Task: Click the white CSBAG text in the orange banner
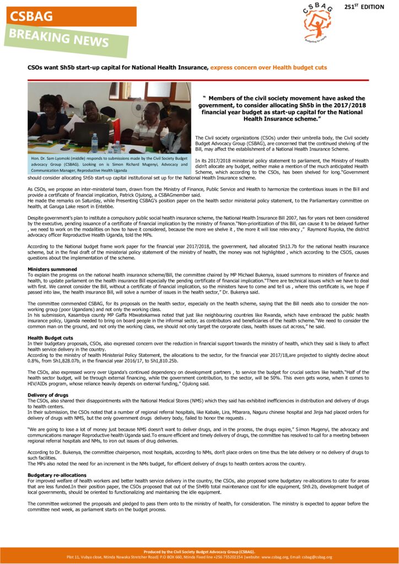click(31, 17)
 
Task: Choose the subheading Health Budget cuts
click(50, 338)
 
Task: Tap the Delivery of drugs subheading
click(48, 395)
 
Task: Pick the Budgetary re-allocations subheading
click(57, 474)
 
